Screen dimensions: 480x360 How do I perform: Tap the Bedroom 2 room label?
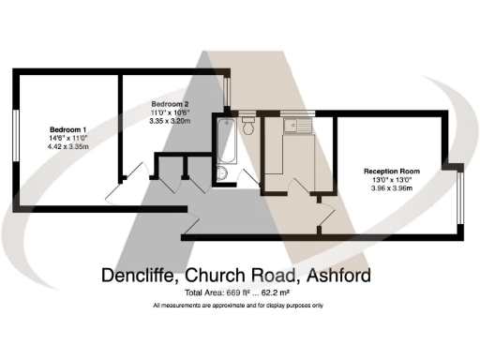pyautogui.click(x=172, y=103)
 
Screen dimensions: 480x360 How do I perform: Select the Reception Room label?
pyautogui.click(x=392, y=172)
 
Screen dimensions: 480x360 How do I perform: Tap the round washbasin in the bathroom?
pyautogui.click(x=221, y=175)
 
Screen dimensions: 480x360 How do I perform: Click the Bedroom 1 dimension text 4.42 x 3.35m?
pyautogui.click(x=68, y=146)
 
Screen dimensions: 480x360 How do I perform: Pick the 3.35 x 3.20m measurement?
pyautogui.click(x=172, y=121)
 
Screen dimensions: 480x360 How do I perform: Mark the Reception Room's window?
pyautogui.click(x=460, y=197)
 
